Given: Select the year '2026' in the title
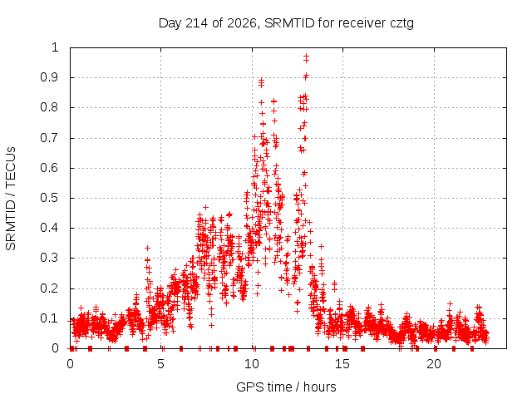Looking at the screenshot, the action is tap(242, 23).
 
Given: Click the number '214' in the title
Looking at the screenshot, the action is tap(197, 23).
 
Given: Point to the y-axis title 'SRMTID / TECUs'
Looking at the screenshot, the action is tap(11, 199).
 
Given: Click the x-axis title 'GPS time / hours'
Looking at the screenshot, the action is tap(286, 387).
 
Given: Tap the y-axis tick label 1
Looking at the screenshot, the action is tap(55, 47).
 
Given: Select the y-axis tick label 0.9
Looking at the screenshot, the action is tap(50, 77).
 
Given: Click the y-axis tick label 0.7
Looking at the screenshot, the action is tap(50, 138).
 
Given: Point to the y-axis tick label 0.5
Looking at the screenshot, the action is tap(50, 198).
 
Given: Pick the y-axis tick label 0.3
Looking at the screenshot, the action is tap(50, 258).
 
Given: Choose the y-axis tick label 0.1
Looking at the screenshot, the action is tap(50, 318).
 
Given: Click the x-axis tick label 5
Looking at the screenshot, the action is tap(160, 364).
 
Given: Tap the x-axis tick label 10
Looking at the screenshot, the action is tap(252, 364).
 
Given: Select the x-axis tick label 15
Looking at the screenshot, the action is tap(342, 364).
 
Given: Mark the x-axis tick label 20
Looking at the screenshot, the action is tap(434, 364).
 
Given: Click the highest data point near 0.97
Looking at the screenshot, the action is tap(307, 56).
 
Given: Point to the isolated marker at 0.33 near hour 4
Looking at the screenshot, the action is tap(147, 248).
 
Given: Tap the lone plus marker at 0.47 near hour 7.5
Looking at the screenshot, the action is tap(205, 207).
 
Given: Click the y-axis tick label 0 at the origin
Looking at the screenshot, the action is tap(56, 348).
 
